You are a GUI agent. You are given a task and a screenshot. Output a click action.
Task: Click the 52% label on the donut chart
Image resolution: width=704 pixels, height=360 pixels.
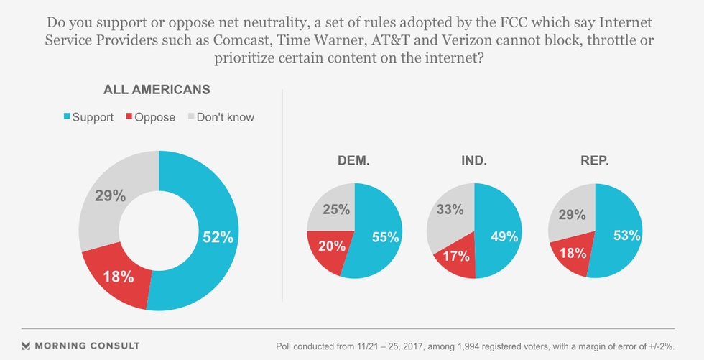click(217, 238)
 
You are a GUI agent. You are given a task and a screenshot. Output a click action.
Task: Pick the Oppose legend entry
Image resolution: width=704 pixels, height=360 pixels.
click(151, 116)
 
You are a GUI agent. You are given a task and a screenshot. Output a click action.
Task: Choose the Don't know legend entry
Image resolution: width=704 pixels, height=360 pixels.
click(221, 116)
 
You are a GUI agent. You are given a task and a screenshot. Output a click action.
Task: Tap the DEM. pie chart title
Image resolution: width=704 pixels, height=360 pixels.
click(353, 162)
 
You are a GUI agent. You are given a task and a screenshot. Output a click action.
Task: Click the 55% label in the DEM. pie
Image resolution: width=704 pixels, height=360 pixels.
click(385, 236)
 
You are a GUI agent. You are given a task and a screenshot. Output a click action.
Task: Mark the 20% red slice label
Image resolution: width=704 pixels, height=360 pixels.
click(332, 246)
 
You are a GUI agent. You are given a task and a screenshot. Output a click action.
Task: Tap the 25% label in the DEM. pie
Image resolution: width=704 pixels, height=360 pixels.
click(335, 209)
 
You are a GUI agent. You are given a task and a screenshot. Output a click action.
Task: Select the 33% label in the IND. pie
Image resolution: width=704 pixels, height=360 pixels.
click(450, 209)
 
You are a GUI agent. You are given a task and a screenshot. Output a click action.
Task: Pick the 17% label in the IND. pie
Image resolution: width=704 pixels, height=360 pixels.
click(456, 255)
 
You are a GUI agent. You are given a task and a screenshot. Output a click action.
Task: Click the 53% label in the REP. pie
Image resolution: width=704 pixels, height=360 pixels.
click(626, 235)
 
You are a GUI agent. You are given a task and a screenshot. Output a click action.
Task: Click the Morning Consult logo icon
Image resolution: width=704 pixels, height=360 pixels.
click(26, 346)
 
